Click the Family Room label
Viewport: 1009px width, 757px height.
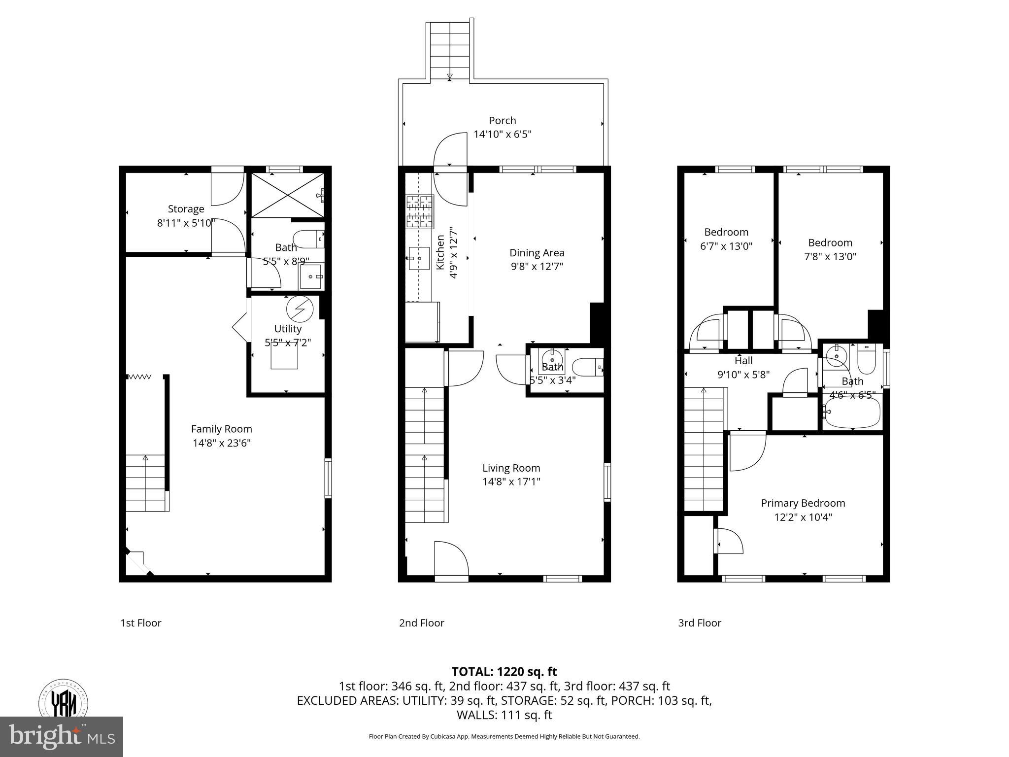(221, 429)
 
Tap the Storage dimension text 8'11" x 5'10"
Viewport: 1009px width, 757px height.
(186, 223)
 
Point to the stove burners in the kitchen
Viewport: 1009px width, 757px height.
(419, 211)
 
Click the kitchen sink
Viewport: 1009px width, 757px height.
(419, 258)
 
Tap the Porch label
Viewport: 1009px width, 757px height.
(502, 121)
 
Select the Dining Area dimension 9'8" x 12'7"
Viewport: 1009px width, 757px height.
(537, 267)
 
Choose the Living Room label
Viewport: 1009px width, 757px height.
(511, 468)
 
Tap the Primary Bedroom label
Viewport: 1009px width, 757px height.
(803, 503)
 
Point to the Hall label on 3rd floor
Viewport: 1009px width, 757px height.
(743, 361)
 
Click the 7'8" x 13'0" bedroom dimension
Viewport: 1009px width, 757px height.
(830, 257)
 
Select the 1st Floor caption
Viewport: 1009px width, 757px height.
(141, 623)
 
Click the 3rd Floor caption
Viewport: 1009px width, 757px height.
(699, 623)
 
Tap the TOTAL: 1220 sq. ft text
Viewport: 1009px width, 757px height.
(504, 672)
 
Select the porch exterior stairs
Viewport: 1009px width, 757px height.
(449, 49)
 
